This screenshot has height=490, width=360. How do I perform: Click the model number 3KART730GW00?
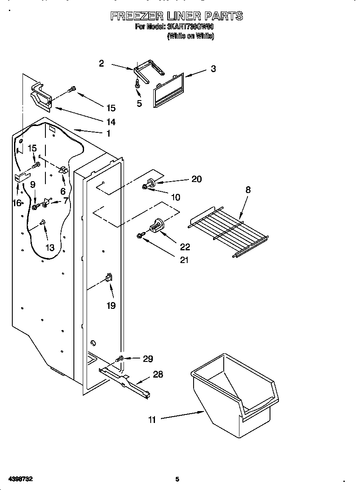point(191,27)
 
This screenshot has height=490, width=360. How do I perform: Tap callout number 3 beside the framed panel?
point(213,69)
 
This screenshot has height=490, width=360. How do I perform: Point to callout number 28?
point(157,375)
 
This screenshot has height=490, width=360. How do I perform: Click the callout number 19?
point(111,305)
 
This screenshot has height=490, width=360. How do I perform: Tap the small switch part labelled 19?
point(108,278)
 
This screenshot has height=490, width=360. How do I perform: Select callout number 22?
point(185,247)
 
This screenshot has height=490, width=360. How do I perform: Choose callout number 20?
point(196,179)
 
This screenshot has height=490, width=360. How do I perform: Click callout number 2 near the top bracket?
point(101,64)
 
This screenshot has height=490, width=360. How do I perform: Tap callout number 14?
point(110,122)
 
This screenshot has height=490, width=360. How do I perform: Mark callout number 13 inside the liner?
point(50,248)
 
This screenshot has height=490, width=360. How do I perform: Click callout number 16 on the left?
point(17,203)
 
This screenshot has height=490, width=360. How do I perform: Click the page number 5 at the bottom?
point(177,479)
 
